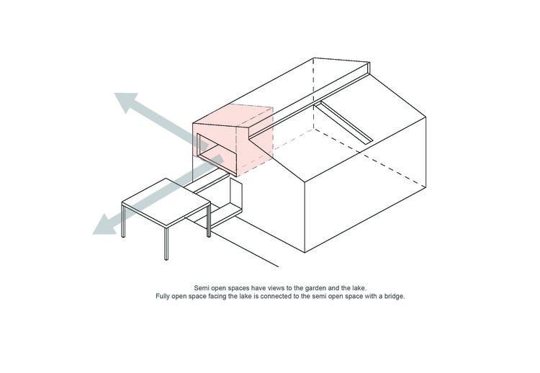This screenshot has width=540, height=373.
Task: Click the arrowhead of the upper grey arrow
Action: (125, 101)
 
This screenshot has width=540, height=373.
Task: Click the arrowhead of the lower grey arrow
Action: (103, 226)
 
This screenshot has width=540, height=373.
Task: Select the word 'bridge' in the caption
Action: (395, 296)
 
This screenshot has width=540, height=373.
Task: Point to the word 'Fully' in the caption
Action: (163, 296)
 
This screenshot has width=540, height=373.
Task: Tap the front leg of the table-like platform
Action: (166, 243)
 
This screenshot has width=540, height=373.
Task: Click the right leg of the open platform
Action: (209, 221)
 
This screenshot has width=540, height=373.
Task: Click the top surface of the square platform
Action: (166, 202)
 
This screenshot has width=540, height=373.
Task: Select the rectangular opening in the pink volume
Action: (217, 154)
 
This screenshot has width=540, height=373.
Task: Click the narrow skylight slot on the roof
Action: (343, 122)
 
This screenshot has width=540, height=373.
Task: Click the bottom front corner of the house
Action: (305, 253)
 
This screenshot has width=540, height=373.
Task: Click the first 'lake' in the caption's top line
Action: (359, 288)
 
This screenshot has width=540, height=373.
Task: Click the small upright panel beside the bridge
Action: (236, 192)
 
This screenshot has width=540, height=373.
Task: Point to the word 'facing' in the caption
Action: (217, 296)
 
